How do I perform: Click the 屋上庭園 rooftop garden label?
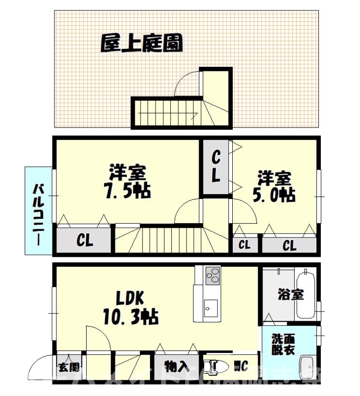pos(141,44)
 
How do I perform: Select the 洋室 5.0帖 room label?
pos(275,186)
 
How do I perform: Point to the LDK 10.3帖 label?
pos(130,306)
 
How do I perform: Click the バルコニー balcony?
pos(39,210)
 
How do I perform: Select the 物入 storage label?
pos(176,367)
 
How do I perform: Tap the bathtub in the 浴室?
pos(305,294)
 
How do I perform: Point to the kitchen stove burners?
pos(212,275)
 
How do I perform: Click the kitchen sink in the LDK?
pos(208,307)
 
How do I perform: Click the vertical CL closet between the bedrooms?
pos(216,168)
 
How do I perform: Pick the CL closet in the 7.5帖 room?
pos(85,241)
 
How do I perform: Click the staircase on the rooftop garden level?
pos(168,112)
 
